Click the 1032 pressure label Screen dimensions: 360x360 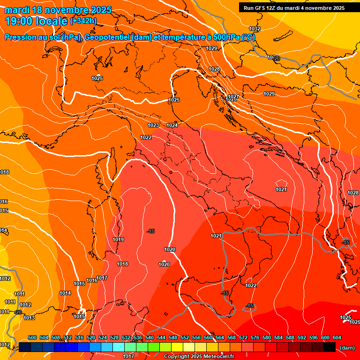(255, 29)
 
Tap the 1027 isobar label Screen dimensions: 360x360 (234, 97)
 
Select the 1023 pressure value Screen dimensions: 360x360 (153, 125)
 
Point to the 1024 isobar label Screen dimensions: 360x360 (172, 125)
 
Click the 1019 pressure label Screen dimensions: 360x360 (118, 240)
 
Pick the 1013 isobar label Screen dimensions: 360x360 (29, 318)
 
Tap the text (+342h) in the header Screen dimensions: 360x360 (83, 21)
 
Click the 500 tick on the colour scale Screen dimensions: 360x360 (32, 337)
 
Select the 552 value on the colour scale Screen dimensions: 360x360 (185, 337)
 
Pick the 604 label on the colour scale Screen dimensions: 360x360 (337, 337)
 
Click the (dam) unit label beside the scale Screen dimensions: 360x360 (347, 347)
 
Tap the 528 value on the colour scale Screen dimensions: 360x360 (114, 337)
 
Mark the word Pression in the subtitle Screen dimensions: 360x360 (19, 37)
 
